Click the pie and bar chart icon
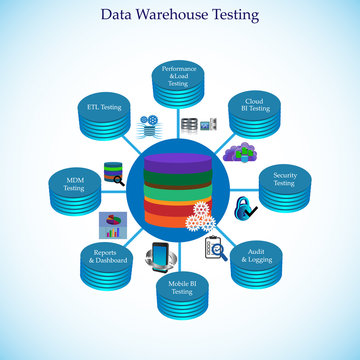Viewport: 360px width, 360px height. point(109,222)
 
